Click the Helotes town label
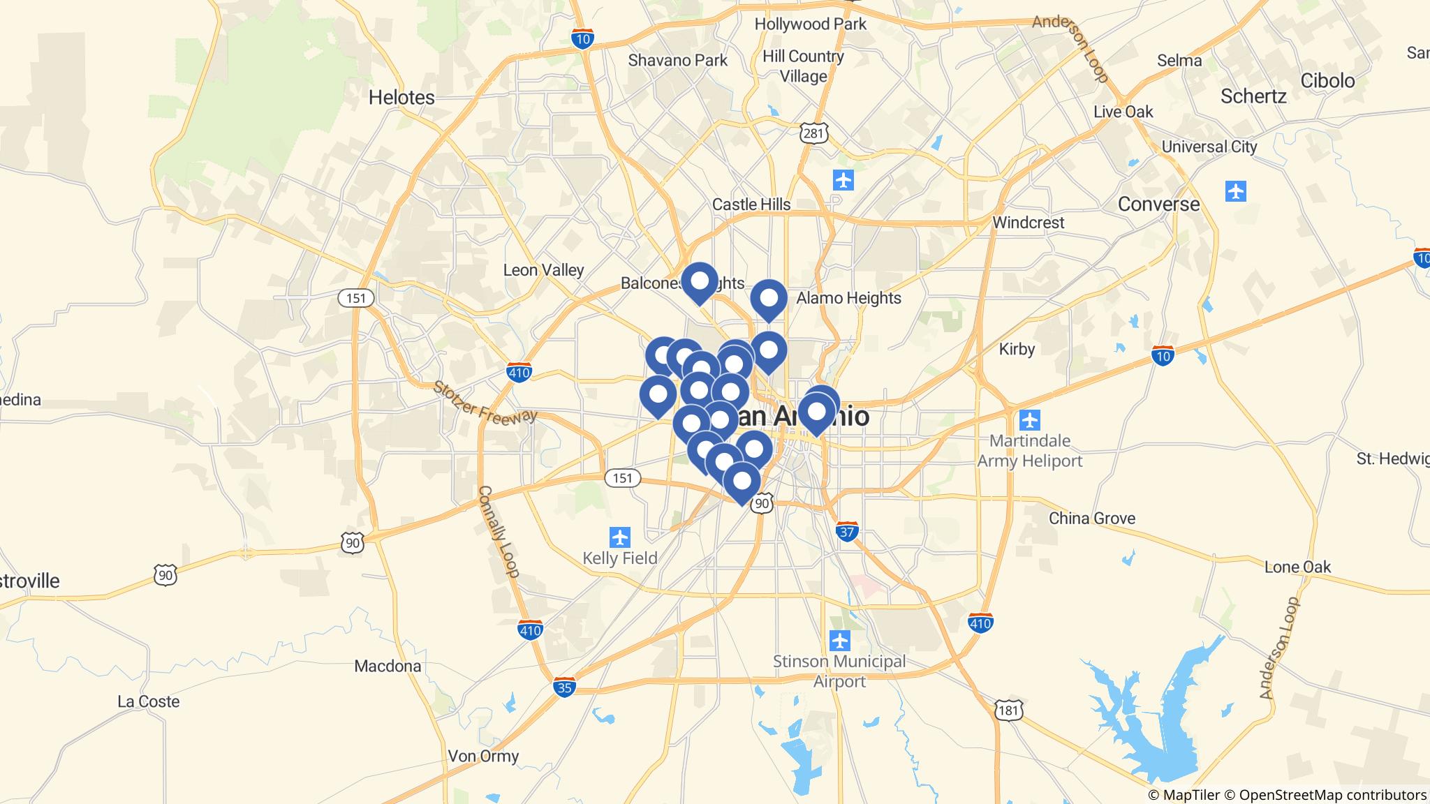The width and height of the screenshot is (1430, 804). [x=401, y=97]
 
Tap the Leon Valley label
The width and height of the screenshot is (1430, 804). [x=543, y=270]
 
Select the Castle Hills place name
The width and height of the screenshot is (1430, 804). [x=751, y=204]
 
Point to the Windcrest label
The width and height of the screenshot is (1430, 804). [x=1028, y=223]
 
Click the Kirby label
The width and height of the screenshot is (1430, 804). [x=1016, y=348]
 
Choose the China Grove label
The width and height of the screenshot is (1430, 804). [x=1091, y=518]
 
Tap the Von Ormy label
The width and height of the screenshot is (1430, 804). [x=483, y=756]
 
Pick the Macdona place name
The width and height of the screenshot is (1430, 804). [x=388, y=666]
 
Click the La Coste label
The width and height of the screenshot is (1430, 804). [x=148, y=701]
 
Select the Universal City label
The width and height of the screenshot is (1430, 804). [x=1209, y=147]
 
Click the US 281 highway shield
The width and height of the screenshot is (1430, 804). [x=815, y=132]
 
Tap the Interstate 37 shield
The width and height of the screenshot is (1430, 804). [x=847, y=531]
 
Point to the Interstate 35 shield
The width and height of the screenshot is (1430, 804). [x=564, y=687]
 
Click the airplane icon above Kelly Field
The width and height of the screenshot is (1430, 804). [x=619, y=537]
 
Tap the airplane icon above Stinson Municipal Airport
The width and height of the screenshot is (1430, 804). [x=839, y=639]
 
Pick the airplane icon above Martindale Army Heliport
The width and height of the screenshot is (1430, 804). [x=1029, y=420]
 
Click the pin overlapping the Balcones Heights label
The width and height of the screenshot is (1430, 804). [x=699, y=282]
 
